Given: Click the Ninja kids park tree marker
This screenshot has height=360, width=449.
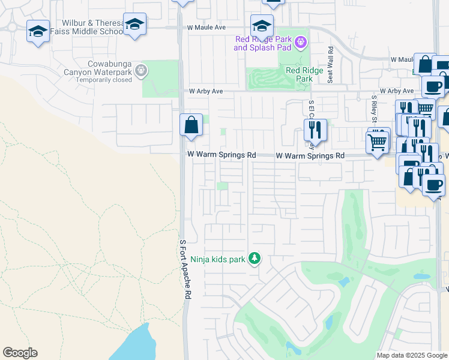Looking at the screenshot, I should [x=255, y=258].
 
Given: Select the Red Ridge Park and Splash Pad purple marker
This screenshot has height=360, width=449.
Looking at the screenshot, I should [x=300, y=42].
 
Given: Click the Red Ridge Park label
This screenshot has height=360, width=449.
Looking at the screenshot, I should [x=299, y=74].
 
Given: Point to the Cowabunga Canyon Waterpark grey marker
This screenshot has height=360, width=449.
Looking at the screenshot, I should [x=141, y=70].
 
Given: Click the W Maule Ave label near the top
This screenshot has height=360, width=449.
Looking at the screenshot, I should [x=206, y=28].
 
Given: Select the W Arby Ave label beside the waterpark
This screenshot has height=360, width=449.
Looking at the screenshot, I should [x=206, y=91].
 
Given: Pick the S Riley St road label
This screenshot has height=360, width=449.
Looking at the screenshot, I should [x=373, y=107].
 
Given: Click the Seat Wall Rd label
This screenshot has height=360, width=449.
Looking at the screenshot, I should [x=330, y=58].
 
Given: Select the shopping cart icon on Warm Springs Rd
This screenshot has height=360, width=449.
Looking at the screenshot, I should [x=378, y=143].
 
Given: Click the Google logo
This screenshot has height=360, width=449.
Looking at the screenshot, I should [x=20, y=353].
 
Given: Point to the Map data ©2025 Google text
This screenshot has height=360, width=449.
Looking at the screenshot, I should [x=411, y=355].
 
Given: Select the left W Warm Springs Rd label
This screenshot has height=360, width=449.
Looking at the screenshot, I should [x=221, y=155].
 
